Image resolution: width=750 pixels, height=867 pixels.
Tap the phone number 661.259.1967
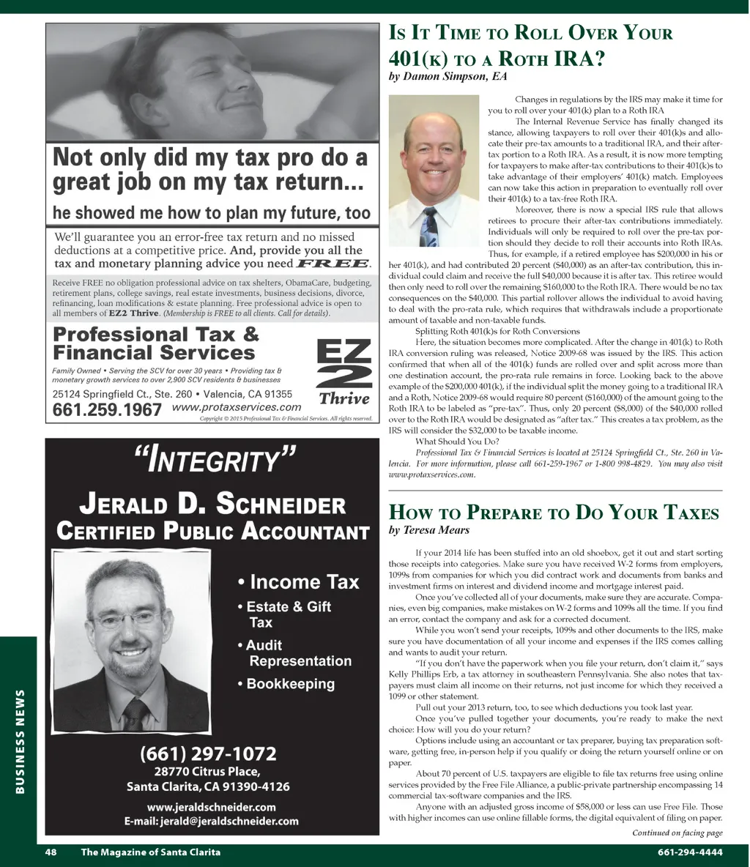(x=107, y=410)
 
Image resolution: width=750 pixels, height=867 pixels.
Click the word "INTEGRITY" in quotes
(x=215, y=461)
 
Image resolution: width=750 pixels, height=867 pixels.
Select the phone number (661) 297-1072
(x=209, y=753)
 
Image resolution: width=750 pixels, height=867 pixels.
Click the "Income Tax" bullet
(x=299, y=582)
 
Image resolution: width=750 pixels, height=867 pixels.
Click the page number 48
(x=51, y=852)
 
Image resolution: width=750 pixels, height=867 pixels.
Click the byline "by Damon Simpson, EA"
(x=448, y=76)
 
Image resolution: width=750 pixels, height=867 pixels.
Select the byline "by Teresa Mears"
(x=428, y=530)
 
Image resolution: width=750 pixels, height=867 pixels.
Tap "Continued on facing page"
(x=677, y=833)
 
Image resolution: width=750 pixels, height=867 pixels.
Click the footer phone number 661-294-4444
(x=690, y=852)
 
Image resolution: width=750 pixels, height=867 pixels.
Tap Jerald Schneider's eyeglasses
(x=111, y=617)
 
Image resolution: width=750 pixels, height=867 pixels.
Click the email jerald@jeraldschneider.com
(x=211, y=821)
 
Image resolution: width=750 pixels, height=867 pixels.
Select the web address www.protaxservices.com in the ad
(x=237, y=407)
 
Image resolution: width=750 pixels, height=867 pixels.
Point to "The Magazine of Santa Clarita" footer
(x=150, y=852)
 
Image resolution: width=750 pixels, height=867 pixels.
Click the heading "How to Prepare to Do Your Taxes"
(x=554, y=512)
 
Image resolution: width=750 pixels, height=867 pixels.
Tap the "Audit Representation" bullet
(x=294, y=653)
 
